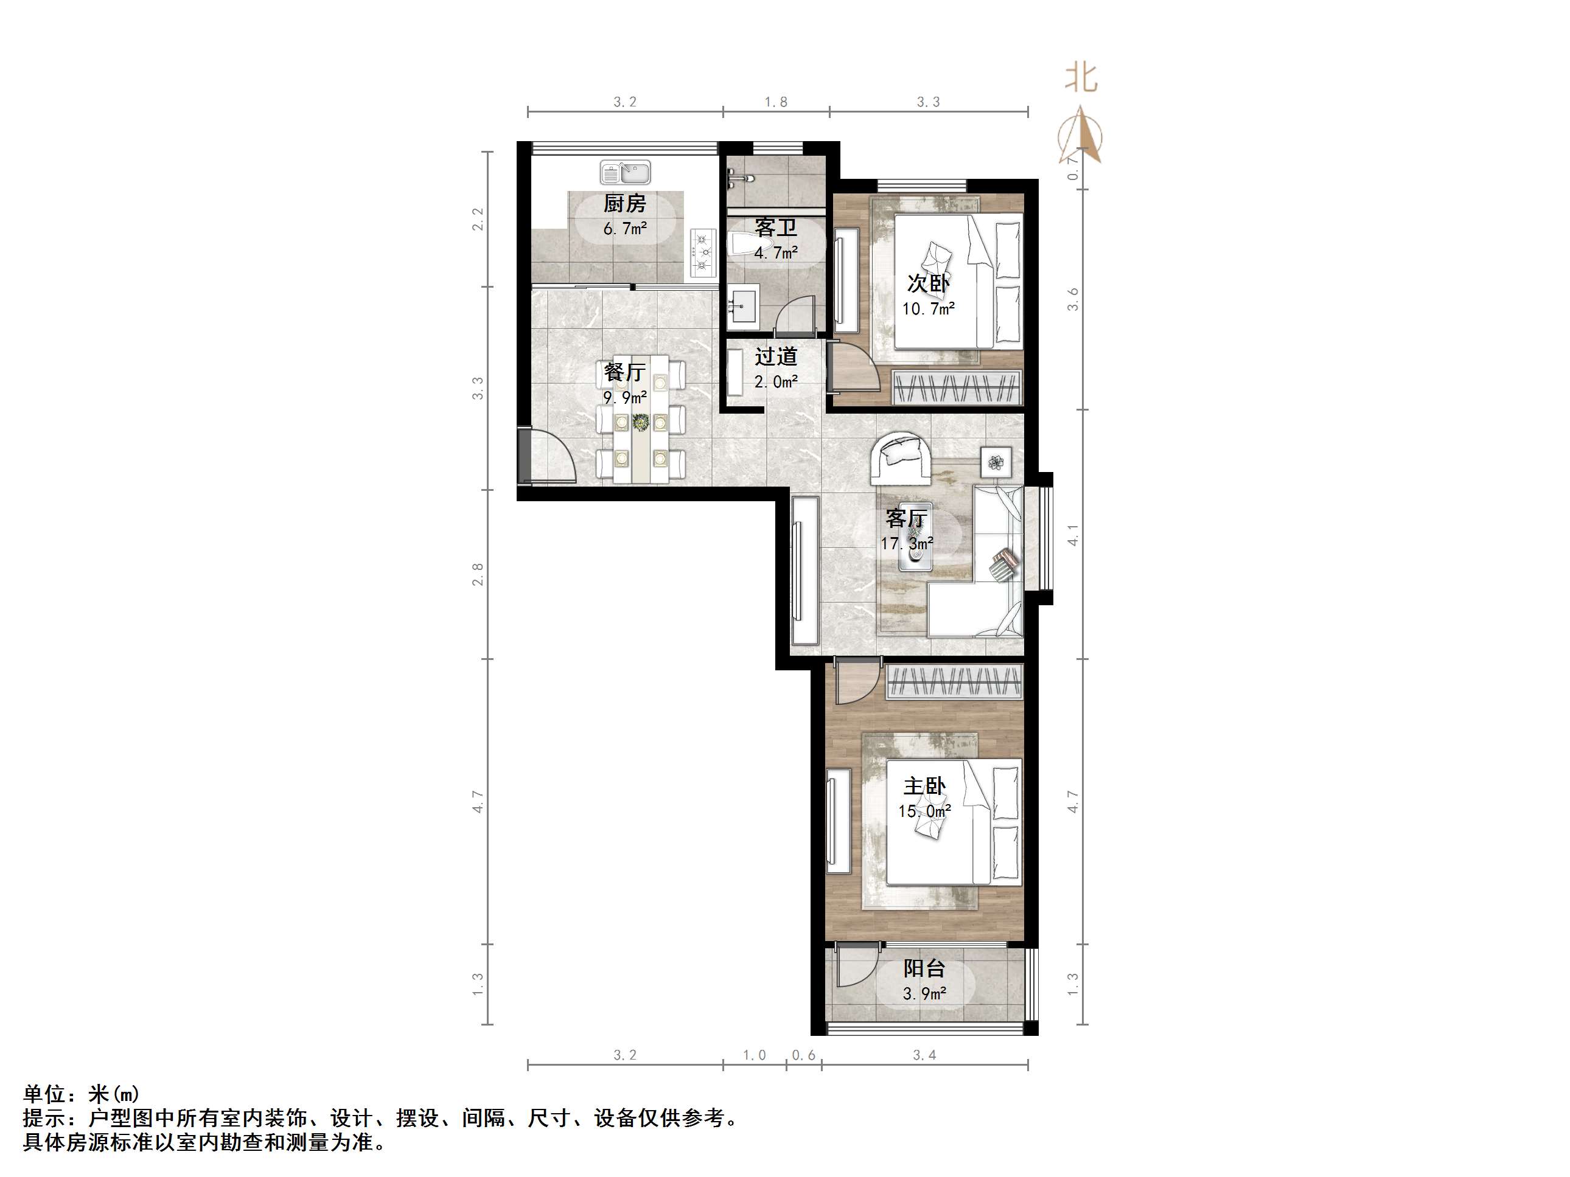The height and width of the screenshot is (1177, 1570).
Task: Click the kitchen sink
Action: (x=626, y=172)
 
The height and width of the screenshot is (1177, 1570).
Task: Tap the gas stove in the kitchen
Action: (x=702, y=253)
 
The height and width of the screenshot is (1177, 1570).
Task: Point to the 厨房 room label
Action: (x=624, y=204)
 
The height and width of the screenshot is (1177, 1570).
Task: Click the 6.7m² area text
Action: (x=624, y=229)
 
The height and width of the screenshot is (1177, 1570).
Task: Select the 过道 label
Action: (x=776, y=356)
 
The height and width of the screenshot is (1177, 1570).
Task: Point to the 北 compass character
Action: (x=1081, y=77)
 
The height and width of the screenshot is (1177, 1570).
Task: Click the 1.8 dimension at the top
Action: (x=776, y=102)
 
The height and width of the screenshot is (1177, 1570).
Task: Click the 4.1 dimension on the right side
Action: (x=1073, y=535)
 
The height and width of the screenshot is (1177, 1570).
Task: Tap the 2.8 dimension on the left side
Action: (x=478, y=574)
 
